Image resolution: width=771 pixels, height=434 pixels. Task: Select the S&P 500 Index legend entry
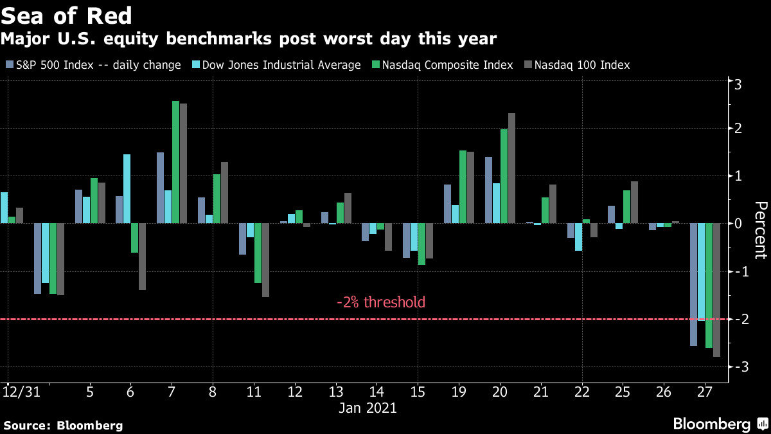coord(93,65)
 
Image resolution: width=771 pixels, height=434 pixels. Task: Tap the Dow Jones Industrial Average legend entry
coord(276,65)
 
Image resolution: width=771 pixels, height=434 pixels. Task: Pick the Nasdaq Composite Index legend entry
coord(443,65)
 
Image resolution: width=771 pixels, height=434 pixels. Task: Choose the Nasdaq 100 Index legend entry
coord(576,65)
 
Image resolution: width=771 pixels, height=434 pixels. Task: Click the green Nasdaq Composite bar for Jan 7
coord(175,162)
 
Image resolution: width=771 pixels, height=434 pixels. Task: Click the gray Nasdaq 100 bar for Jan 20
coord(511,168)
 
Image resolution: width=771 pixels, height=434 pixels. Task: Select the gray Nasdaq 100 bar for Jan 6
coord(142,256)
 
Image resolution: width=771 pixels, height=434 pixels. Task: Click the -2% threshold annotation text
coord(381,302)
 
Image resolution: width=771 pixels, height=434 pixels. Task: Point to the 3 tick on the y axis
coord(738,84)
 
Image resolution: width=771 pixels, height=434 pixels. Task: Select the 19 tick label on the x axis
coord(459,392)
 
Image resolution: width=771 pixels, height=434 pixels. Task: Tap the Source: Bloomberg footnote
coord(63,425)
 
